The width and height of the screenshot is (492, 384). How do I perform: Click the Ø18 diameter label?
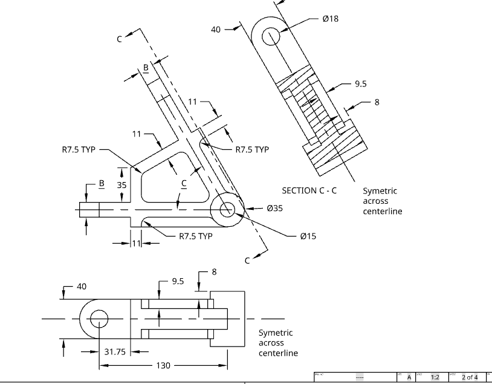click(x=331, y=19)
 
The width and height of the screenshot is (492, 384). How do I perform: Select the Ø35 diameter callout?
click(x=274, y=209)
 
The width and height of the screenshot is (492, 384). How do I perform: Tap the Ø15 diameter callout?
click(x=308, y=236)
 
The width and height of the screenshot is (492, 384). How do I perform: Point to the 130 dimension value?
click(x=164, y=365)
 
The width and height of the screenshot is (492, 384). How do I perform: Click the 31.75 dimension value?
click(x=115, y=351)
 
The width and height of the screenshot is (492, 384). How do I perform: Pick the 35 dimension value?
click(x=121, y=185)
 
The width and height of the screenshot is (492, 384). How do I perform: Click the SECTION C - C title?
click(x=309, y=190)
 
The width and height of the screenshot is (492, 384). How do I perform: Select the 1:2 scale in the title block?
click(x=435, y=377)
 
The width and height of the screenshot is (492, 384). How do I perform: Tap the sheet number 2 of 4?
click(x=469, y=377)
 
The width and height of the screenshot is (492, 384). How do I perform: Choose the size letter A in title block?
click(x=409, y=377)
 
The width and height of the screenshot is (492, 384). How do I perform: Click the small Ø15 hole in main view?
click(x=227, y=209)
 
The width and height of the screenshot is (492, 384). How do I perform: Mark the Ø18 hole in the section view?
click(x=270, y=34)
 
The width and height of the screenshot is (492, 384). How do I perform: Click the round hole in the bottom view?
click(x=99, y=318)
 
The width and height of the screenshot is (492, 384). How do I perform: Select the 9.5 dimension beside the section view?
click(x=360, y=84)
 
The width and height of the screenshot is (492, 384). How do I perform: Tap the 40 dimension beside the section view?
click(x=216, y=29)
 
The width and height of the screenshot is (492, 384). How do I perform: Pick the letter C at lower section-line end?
click(x=247, y=260)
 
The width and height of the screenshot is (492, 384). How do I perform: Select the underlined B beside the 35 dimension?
click(x=102, y=183)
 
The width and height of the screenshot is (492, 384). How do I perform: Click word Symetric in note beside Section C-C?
click(x=380, y=191)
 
